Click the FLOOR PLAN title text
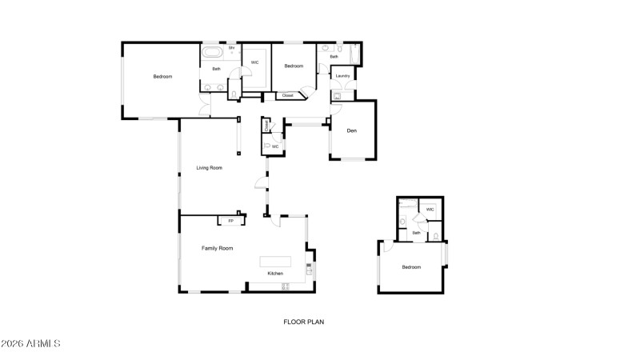pyautogui.click(x=303, y=322)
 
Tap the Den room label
pyautogui.click(x=351, y=130)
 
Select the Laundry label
pyautogui.click(x=342, y=76)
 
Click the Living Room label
pyautogui.click(x=210, y=168)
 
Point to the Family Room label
pyautogui.click(x=217, y=249)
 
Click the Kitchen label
pyautogui.click(x=275, y=274)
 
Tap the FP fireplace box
pyautogui.click(x=231, y=220)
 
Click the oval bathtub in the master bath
pyautogui.click(x=212, y=54)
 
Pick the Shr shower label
pyautogui.click(x=231, y=48)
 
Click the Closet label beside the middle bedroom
pyautogui.click(x=287, y=96)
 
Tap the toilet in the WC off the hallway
pyautogui.click(x=267, y=146)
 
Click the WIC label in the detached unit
pyautogui.click(x=430, y=210)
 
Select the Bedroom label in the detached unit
pyautogui.click(x=411, y=267)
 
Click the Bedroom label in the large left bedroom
pyautogui.click(x=162, y=77)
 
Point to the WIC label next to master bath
pyautogui.click(x=254, y=62)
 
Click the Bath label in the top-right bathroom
pyautogui.click(x=334, y=57)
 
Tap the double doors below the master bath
pyautogui.click(x=204, y=105)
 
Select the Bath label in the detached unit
pyautogui.click(x=416, y=233)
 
